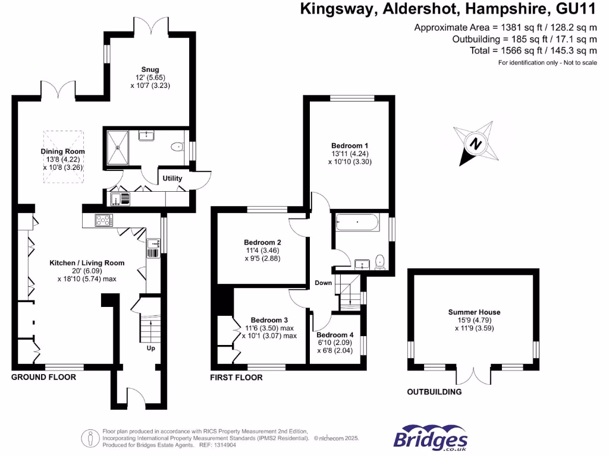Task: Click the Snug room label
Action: pyautogui.click(x=150, y=69)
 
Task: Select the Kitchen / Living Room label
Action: pyautogui.click(x=87, y=262)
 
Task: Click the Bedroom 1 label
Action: pyautogui.click(x=350, y=145)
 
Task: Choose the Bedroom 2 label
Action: pyautogui.click(x=262, y=242)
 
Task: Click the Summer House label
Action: pyautogui.click(x=474, y=312)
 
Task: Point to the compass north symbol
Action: pyautogui.click(x=474, y=142)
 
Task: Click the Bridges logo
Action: pyautogui.click(x=431, y=439)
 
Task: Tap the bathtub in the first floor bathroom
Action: pyautogui.click(x=357, y=223)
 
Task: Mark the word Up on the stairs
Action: pyautogui.click(x=150, y=348)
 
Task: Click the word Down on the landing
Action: pyautogui.click(x=324, y=283)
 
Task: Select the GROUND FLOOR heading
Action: pyautogui.click(x=44, y=377)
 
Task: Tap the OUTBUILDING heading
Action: pyautogui.click(x=434, y=392)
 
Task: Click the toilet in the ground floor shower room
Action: pyautogui.click(x=177, y=147)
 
